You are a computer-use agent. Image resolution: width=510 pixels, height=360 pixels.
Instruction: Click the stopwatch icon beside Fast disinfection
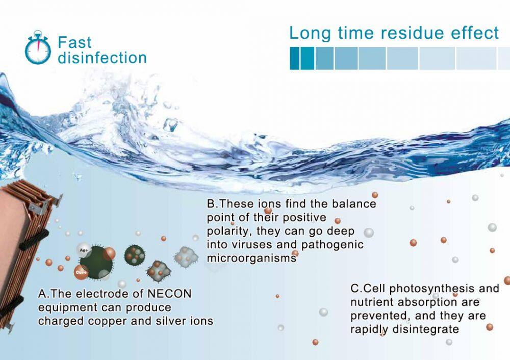[x=38, y=47]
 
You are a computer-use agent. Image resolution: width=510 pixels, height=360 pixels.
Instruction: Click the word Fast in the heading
[x=74, y=43]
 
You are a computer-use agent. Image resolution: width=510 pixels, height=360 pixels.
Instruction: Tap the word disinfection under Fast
[x=102, y=58]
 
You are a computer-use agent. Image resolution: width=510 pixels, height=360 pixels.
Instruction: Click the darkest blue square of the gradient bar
[x=294, y=58]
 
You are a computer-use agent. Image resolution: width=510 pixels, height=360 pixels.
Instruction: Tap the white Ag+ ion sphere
[x=84, y=250]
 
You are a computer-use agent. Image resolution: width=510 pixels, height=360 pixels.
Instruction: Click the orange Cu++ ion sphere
[x=81, y=272]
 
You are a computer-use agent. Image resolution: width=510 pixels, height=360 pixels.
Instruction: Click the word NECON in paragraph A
[x=169, y=294]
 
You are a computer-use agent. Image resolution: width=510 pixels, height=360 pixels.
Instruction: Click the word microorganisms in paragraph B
[x=251, y=258]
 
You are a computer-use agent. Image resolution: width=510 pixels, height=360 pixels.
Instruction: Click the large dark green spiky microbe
[x=96, y=263]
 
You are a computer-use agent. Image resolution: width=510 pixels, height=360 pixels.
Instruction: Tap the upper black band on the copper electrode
[x=34, y=240]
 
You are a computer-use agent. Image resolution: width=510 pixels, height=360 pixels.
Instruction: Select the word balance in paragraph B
[x=354, y=203]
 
